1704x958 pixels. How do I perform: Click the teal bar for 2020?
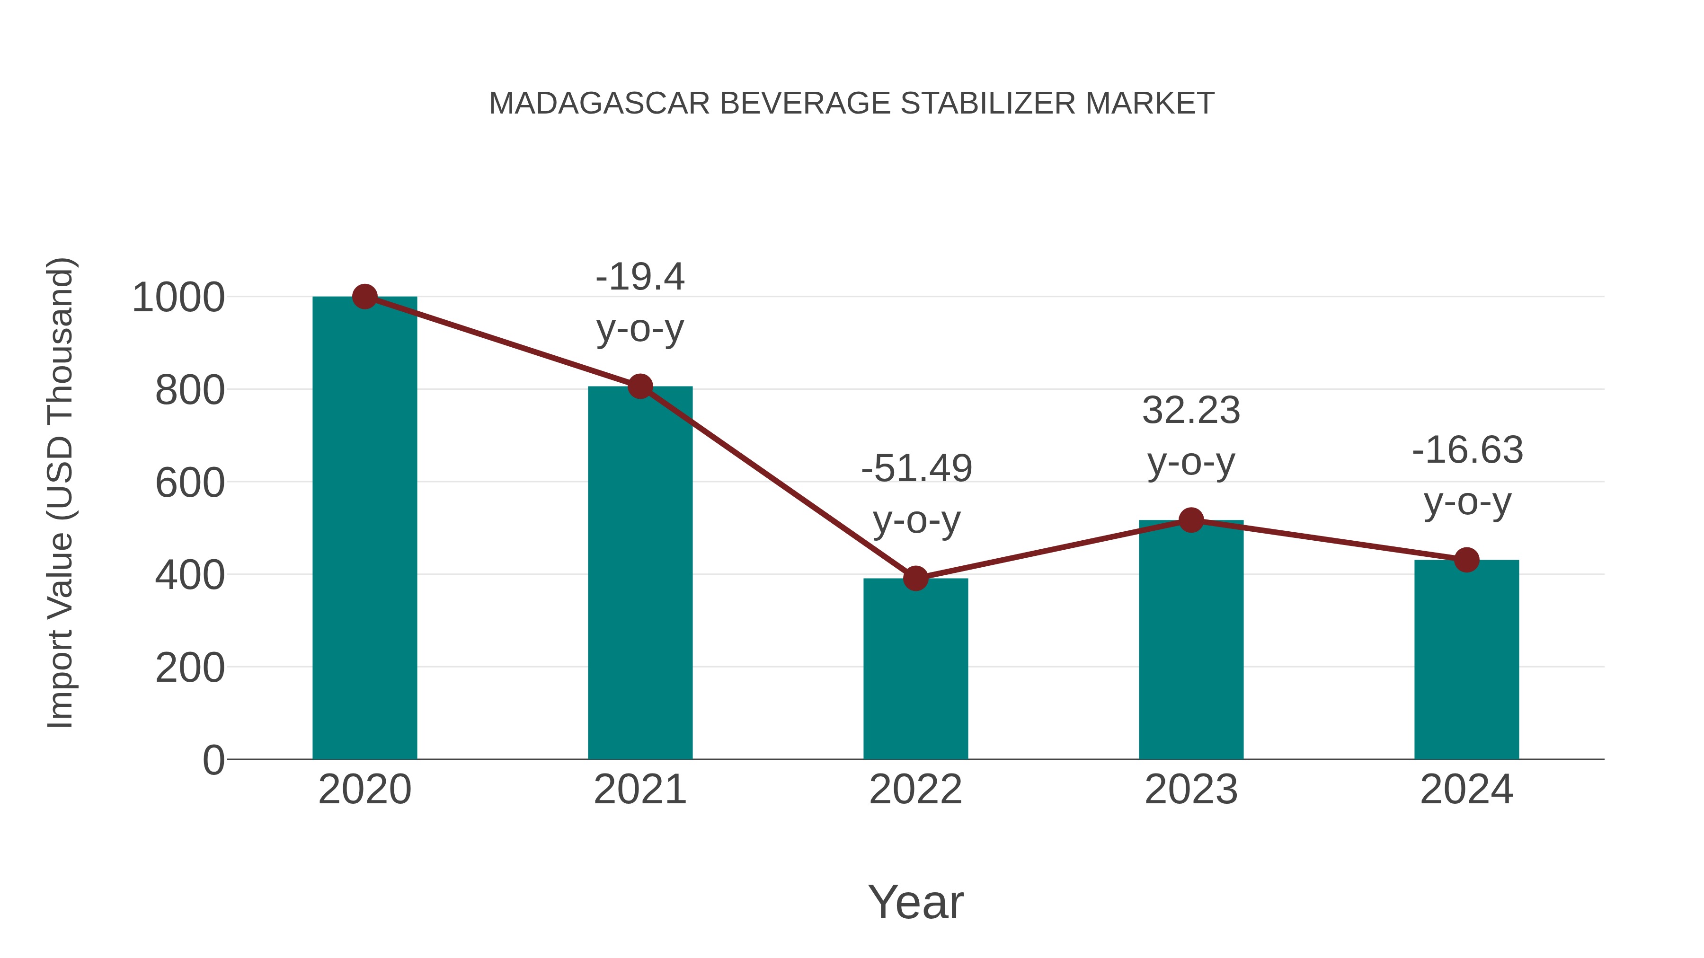coord(364,529)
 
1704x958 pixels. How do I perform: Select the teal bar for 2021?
coord(639,575)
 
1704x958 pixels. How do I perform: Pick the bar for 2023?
coord(1191,642)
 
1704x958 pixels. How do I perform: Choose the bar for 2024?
coord(1466,661)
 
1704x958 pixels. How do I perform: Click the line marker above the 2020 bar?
coord(364,297)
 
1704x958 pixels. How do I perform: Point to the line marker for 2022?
coord(915,579)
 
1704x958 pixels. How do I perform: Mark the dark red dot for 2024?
coord(1466,560)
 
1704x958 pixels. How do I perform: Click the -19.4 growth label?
coord(639,277)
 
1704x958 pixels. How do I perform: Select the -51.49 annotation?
coord(916,469)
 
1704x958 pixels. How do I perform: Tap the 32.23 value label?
coord(1191,411)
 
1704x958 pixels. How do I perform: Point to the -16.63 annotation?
coord(1467,450)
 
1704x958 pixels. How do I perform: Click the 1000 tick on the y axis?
coord(178,298)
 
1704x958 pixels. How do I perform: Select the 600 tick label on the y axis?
coord(189,483)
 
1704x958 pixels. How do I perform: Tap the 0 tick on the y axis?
coord(213,760)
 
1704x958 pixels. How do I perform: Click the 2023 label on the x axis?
coord(1191,790)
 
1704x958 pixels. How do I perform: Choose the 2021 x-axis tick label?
coord(639,790)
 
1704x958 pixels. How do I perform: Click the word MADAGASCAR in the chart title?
coord(599,104)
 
